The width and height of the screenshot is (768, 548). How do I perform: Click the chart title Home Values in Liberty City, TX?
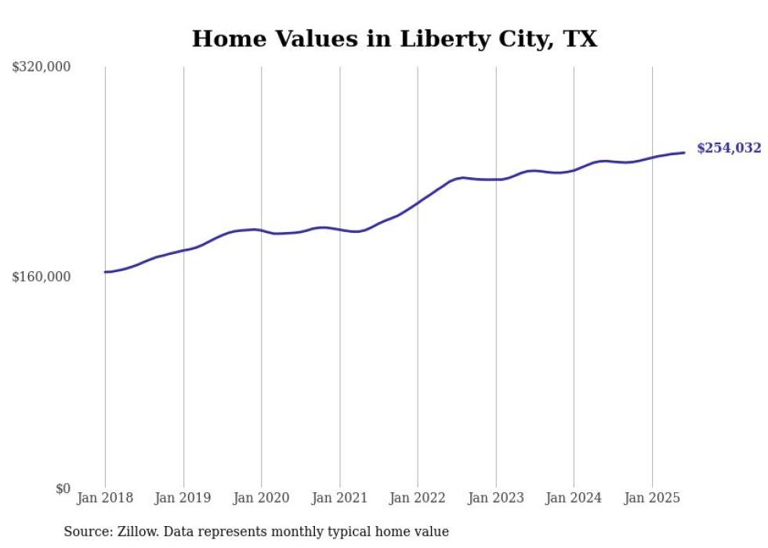pos(394,39)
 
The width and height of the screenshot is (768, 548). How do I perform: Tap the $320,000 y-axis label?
pos(42,67)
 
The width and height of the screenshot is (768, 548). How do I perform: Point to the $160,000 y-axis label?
pos(42,277)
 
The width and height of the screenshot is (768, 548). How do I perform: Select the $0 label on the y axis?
pos(63,488)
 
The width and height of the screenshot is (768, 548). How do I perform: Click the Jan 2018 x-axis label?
pos(105,498)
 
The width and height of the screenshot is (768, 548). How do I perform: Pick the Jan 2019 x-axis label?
pos(183,498)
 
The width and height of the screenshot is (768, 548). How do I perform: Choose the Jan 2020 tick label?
pos(261,498)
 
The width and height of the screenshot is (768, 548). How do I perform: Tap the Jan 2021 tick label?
pos(339,498)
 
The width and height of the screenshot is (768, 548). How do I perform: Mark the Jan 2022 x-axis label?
pos(418,498)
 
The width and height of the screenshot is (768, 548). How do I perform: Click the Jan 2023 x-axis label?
pos(495,498)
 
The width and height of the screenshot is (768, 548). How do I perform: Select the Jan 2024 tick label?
pos(574,498)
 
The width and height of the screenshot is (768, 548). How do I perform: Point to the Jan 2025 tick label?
pos(652,498)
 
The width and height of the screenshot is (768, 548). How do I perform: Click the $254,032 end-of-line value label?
pos(729,148)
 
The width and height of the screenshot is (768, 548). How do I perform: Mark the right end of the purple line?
pos(684,153)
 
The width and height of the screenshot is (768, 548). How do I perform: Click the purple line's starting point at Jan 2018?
pos(105,272)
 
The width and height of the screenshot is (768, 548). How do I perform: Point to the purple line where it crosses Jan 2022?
pos(418,202)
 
